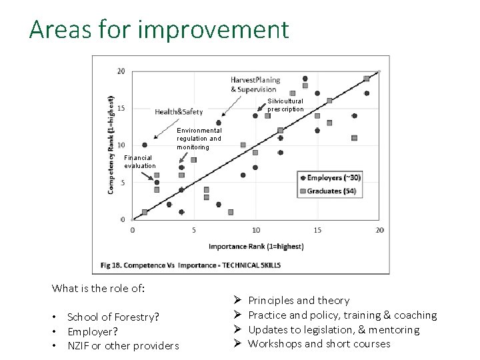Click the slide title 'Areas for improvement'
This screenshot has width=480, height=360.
click(x=159, y=30)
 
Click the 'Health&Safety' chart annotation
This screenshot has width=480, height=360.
click(x=179, y=111)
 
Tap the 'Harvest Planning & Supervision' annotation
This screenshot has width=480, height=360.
click(x=255, y=85)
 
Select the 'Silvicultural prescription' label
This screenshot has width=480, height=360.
click(x=285, y=105)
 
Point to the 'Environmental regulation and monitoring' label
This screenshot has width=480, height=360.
click(x=199, y=139)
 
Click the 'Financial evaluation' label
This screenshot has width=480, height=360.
click(x=139, y=162)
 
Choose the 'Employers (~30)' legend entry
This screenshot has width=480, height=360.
click(x=331, y=177)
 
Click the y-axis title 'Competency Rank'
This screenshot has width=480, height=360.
click(x=111, y=145)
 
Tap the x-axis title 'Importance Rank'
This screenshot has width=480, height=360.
click(x=256, y=246)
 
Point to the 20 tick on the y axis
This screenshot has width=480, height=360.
click(x=121, y=71)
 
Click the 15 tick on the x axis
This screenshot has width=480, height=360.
click(x=317, y=230)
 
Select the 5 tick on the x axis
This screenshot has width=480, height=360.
click(x=194, y=230)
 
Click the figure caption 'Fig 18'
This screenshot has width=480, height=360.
click(x=190, y=265)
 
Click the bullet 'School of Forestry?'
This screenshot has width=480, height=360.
click(x=113, y=317)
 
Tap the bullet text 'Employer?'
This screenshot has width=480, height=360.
click(x=93, y=331)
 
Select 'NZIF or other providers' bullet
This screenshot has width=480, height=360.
click(x=123, y=345)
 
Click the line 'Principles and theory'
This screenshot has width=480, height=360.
click(x=298, y=301)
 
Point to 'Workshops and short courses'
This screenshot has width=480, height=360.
click(x=319, y=344)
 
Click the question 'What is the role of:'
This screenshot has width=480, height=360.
click(x=99, y=289)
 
